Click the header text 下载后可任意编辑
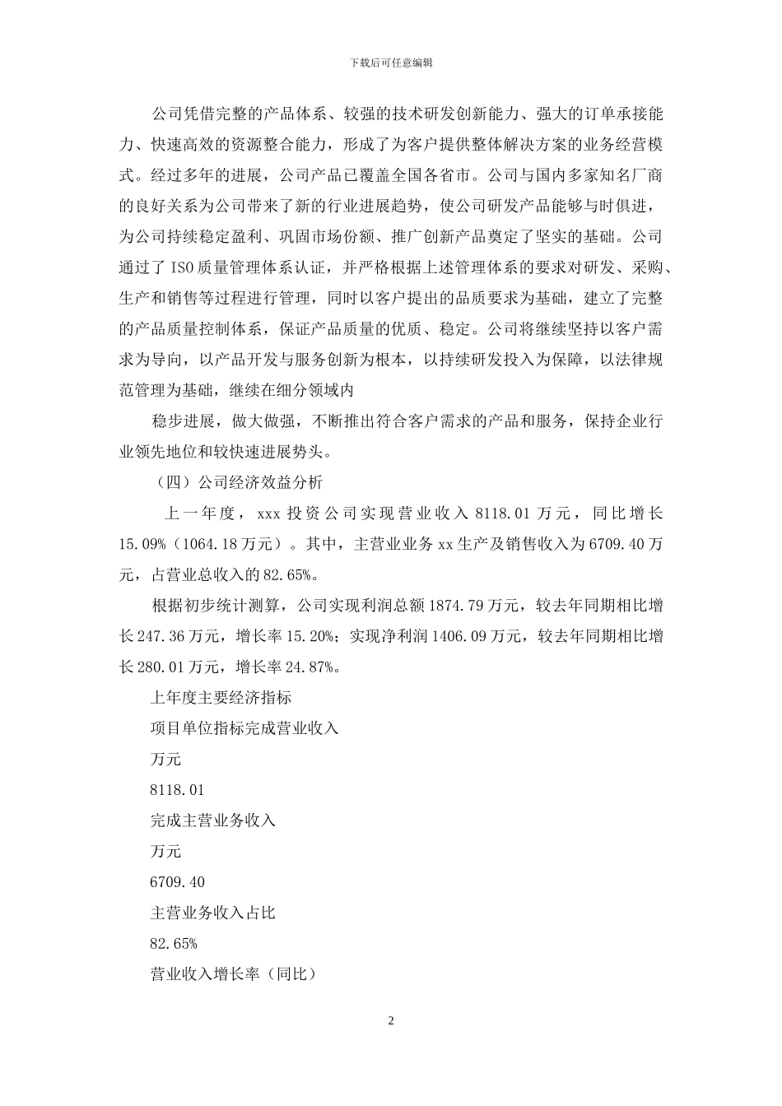pyautogui.click(x=391, y=63)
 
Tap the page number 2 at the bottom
pyautogui.click(x=391, y=1021)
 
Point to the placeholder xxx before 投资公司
pyautogui.click(x=270, y=513)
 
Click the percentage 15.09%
pyautogui.click(x=143, y=545)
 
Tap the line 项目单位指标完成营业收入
pyautogui.click(x=244, y=728)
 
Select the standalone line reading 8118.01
pyautogui.click(x=177, y=790)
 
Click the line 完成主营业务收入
pyautogui.click(x=213, y=820)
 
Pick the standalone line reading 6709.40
pyautogui.click(x=177, y=882)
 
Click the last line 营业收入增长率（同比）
pyautogui.click(x=234, y=974)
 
